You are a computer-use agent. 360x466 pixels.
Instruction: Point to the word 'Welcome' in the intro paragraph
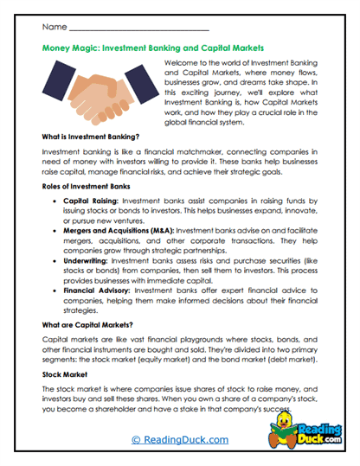[183, 64]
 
